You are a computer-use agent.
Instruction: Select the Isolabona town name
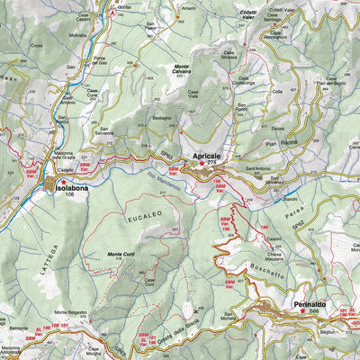(x=73, y=190)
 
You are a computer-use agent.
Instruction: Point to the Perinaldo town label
(x=311, y=305)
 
